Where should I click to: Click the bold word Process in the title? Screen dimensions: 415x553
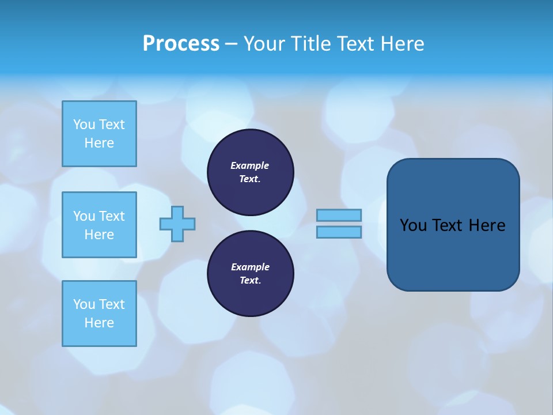click(x=181, y=44)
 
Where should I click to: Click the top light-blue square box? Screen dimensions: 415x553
click(x=99, y=134)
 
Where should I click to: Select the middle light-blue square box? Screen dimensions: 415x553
click(x=99, y=225)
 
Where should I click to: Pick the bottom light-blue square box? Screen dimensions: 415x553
click(x=99, y=314)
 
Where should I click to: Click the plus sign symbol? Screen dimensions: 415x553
click(x=177, y=224)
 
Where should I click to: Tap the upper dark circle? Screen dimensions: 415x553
click(x=250, y=172)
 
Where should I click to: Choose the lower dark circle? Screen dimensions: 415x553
click(x=250, y=274)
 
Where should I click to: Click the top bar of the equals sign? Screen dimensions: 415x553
click(x=339, y=215)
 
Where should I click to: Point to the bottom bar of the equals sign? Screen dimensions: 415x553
click(x=339, y=232)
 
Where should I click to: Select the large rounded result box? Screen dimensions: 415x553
click(x=453, y=225)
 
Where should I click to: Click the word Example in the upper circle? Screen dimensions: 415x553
click(x=250, y=165)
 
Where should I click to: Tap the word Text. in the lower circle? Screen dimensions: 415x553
click(x=250, y=281)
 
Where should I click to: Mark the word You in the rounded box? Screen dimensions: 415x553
click(x=413, y=225)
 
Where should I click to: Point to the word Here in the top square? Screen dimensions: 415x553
click(x=99, y=143)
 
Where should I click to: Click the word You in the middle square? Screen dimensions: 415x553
click(x=84, y=216)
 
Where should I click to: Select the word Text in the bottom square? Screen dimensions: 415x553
click(x=112, y=304)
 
